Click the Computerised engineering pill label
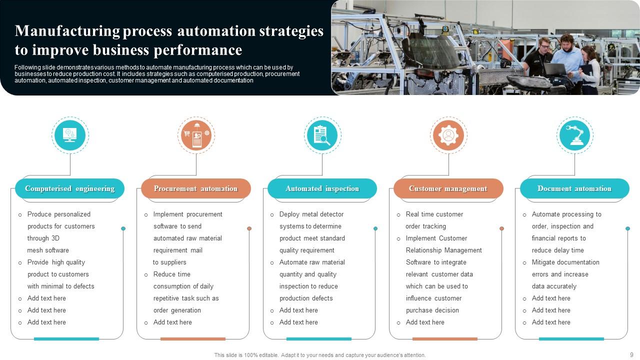[x=69, y=188]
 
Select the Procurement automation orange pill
[x=196, y=188]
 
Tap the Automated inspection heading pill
[x=322, y=188]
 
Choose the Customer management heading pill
[x=448, y=188]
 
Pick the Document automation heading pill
[x=574, y=188]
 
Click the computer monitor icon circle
[x=70, y=135]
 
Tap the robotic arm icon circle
[x=575, y=135]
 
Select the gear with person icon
[x=448, y=135]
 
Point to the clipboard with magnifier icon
[x=322, y=135]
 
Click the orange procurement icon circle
[x=196, y=135]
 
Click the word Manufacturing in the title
[x=67, y=31]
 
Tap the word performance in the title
[x=198, y=50]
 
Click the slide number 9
[x=631, y=354]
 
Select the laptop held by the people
[x=555, y=69]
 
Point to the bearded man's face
[x=566, y=42]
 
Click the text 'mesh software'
[x=48, y=250]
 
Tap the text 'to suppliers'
[x=169, y=262]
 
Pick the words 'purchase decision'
[x=432, y=310]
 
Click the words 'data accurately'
[x=554, y=286]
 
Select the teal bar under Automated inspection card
[x=319, y=339]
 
